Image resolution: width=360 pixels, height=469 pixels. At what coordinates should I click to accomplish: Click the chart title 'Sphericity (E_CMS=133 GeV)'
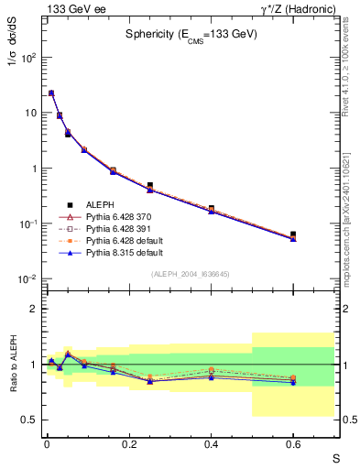pos(191,34)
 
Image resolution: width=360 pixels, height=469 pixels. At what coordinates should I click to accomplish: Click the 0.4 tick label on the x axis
pos(212,444)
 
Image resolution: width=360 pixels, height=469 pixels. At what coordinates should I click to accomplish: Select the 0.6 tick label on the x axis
pos(294,444)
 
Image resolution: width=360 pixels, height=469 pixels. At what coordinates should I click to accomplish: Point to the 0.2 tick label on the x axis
pos(129,444)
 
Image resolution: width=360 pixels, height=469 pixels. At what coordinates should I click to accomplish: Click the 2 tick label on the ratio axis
pos(34,309)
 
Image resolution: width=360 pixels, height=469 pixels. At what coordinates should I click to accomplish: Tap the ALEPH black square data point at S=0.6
pos(293,234)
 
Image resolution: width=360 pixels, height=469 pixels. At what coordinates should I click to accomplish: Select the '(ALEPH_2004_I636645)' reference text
pos(191,274)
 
